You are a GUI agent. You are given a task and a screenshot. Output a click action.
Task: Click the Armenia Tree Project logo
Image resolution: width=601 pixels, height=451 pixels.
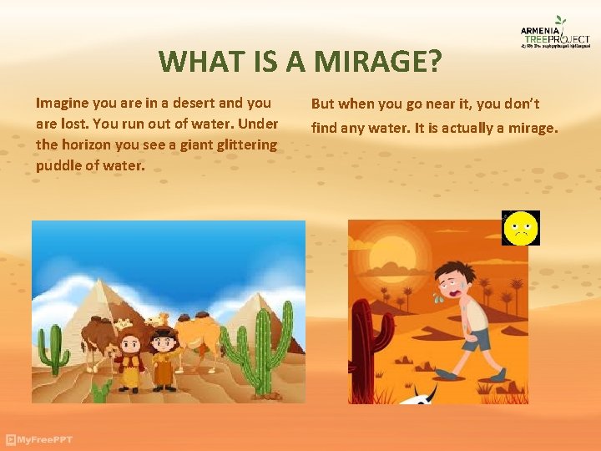[555, 36]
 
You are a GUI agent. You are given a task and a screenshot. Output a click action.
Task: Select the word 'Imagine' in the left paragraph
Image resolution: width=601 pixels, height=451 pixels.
[63, 104]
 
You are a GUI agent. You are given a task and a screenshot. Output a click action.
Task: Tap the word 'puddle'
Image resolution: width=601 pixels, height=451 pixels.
[58, 165]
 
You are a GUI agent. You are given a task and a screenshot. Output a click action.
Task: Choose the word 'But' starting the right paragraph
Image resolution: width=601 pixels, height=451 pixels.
[324, 104]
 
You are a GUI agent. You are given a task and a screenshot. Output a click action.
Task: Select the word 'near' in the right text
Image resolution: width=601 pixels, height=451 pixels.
[429, 104]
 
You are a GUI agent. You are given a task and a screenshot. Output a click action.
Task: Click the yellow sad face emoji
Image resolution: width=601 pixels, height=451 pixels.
[521, 228]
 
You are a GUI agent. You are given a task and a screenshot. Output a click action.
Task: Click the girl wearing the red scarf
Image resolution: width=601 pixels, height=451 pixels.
[130, 360]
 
